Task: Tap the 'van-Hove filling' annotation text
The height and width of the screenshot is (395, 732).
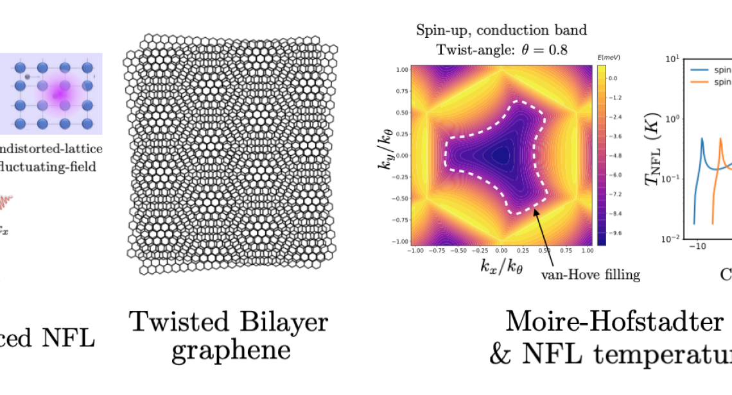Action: pos(591,275)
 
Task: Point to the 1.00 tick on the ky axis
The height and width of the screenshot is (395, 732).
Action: pos(402,69)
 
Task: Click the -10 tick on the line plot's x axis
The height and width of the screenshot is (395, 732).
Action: pos(697,246)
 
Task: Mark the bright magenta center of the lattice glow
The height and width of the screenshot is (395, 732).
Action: pos(59,92)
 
